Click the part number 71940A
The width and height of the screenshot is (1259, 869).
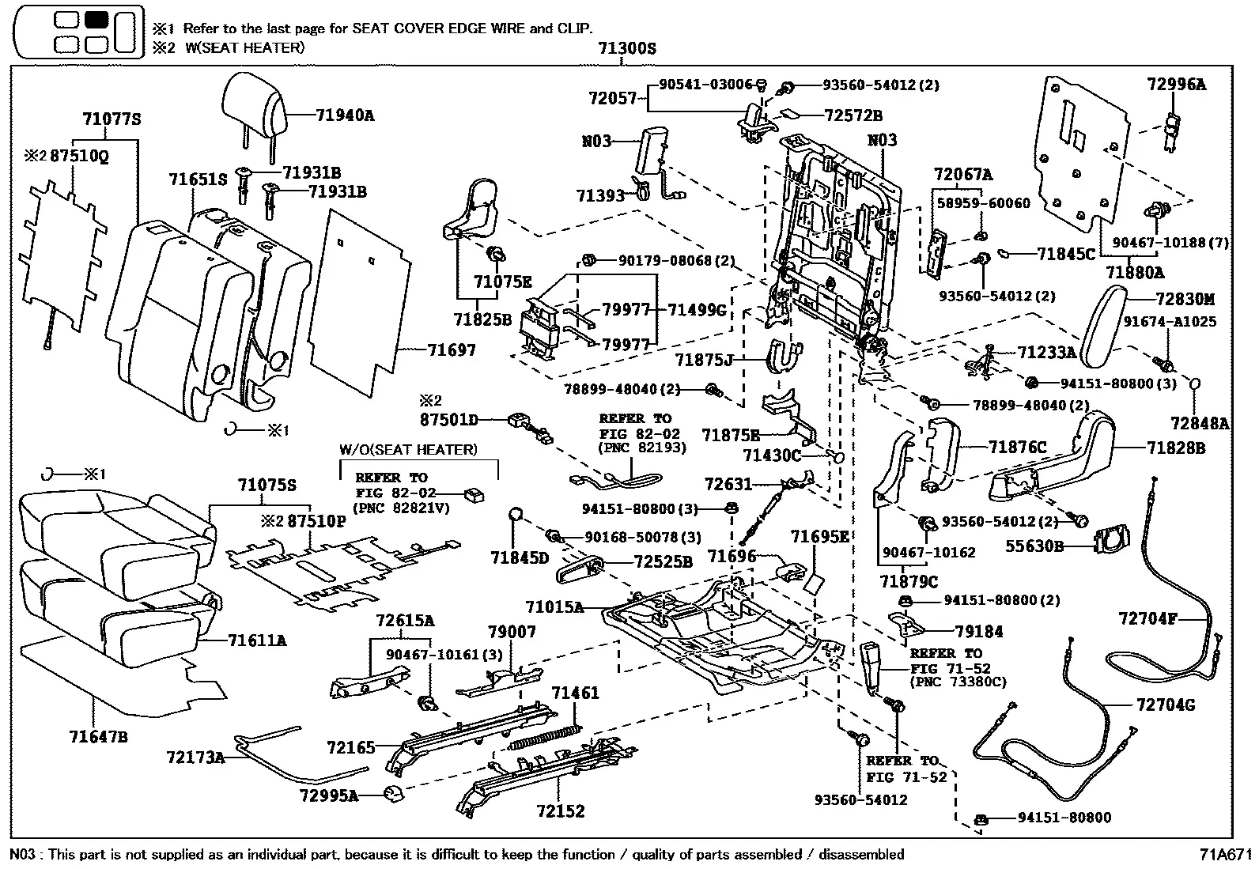coord(345,115)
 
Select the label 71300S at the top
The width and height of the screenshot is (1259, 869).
coord(626,48)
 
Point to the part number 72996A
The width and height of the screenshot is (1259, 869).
coord(1176,85)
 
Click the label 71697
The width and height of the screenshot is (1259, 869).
coord(452,350)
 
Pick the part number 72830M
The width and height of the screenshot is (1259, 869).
coord(1185,299)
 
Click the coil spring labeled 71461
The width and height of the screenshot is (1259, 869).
coord(546,737)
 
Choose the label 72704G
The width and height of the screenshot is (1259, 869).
coord(1166,705)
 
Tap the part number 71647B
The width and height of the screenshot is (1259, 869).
coord(98,736)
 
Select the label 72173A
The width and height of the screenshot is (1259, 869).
coord(195,758)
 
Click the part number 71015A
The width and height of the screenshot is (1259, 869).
coord(554,607)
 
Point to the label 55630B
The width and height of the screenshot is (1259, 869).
coord(1034,546)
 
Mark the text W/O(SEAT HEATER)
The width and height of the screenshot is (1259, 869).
coord(408,450)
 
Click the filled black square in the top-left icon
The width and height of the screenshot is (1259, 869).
coord(96,21)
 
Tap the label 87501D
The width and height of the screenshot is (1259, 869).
coord(449,420)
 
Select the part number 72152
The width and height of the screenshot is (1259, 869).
coord(561,811)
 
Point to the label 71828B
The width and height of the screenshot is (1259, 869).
coord(1176,448)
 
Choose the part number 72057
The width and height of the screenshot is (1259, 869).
coord(612,99)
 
